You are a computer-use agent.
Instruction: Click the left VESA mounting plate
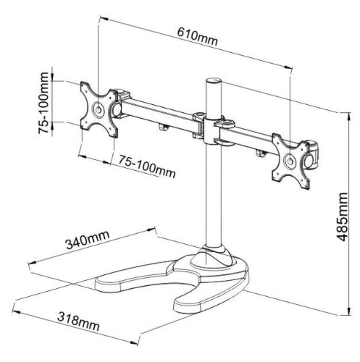click(x=97, y=109)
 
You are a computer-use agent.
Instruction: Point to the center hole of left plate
click(x=97, y=109)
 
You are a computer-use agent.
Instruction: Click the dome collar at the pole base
click(x=216, y=256)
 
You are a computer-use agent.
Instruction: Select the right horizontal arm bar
click(x=251, y=135)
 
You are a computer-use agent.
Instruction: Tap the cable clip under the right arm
click(x=259, y=151)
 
